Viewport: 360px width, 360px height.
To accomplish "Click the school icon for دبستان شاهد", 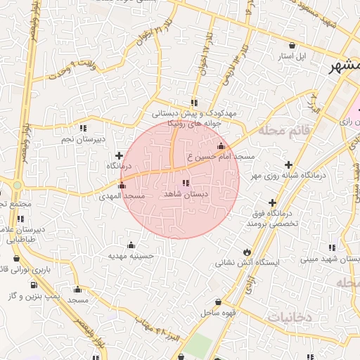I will pos(186,183).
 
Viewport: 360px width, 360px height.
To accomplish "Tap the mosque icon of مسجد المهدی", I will pos(123,186).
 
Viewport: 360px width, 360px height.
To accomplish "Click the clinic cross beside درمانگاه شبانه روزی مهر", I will pos(289,164).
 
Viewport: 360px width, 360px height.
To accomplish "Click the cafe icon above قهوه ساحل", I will pos(219,302).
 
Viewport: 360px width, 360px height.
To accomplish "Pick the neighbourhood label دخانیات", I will pos(288,318).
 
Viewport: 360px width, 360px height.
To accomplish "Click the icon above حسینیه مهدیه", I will pos(131,245).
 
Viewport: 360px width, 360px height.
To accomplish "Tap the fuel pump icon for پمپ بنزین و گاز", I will pos(34,285).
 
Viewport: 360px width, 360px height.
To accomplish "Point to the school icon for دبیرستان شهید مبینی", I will pos(332,247).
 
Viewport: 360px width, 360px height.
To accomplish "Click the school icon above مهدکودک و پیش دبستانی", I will pos(195,103).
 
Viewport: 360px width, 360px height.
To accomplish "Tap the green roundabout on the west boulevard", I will pos(17,186).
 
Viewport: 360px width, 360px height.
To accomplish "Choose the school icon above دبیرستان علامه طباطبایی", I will pos(20,219).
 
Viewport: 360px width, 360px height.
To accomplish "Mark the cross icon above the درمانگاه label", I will pos(119,155).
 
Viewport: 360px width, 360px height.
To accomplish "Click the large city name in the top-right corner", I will pos(345,67).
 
